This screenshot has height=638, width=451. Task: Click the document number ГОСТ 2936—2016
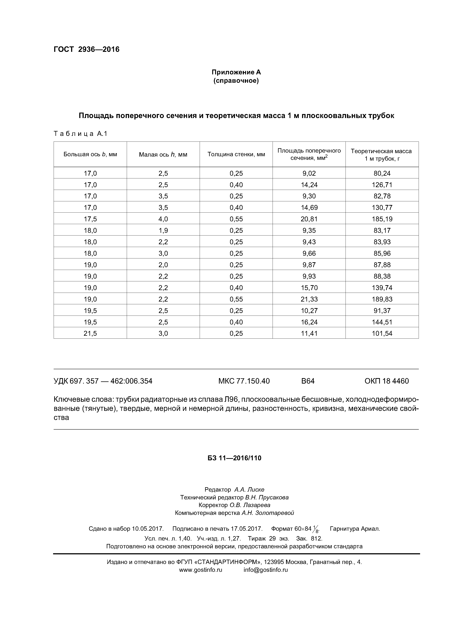(86, 49)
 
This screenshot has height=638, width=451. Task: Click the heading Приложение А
(236, 72)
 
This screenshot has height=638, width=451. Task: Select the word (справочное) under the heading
(236, 81)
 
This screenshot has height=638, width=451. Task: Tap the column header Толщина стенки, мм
(236, 154)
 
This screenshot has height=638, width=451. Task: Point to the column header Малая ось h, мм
(163, 154)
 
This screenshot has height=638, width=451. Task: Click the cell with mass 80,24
(382, 173)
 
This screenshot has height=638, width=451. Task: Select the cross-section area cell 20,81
(309, 219)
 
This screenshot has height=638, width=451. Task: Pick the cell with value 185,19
(382, 219)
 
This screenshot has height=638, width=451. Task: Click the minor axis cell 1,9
(163, 230)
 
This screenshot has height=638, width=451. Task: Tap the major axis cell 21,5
(90, 333)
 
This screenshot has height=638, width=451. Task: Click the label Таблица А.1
(80, 134)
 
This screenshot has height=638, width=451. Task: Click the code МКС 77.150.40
(244, 381)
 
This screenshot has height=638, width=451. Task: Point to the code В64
(308, 381)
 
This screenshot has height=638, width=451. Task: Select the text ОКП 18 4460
(386, 381)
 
